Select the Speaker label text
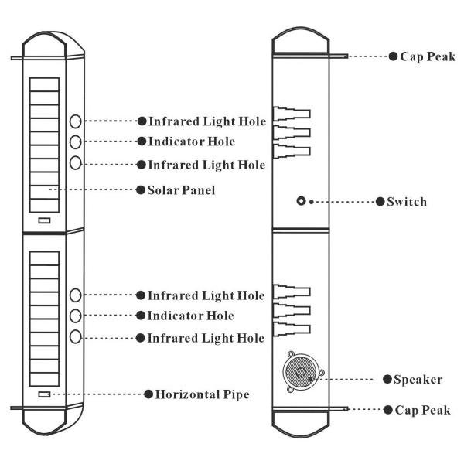418,379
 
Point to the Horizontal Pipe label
203,394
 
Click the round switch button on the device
300,202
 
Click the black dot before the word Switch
380,202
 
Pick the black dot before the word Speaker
387,379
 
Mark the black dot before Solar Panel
141,189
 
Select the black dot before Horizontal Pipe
148,394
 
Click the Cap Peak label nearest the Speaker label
422,410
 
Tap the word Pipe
235,394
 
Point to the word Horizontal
188,394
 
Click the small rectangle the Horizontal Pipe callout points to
43,395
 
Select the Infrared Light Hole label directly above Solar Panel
206,165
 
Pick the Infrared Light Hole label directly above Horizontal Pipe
206,338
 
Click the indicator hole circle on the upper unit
76,142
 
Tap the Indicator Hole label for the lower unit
190,316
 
